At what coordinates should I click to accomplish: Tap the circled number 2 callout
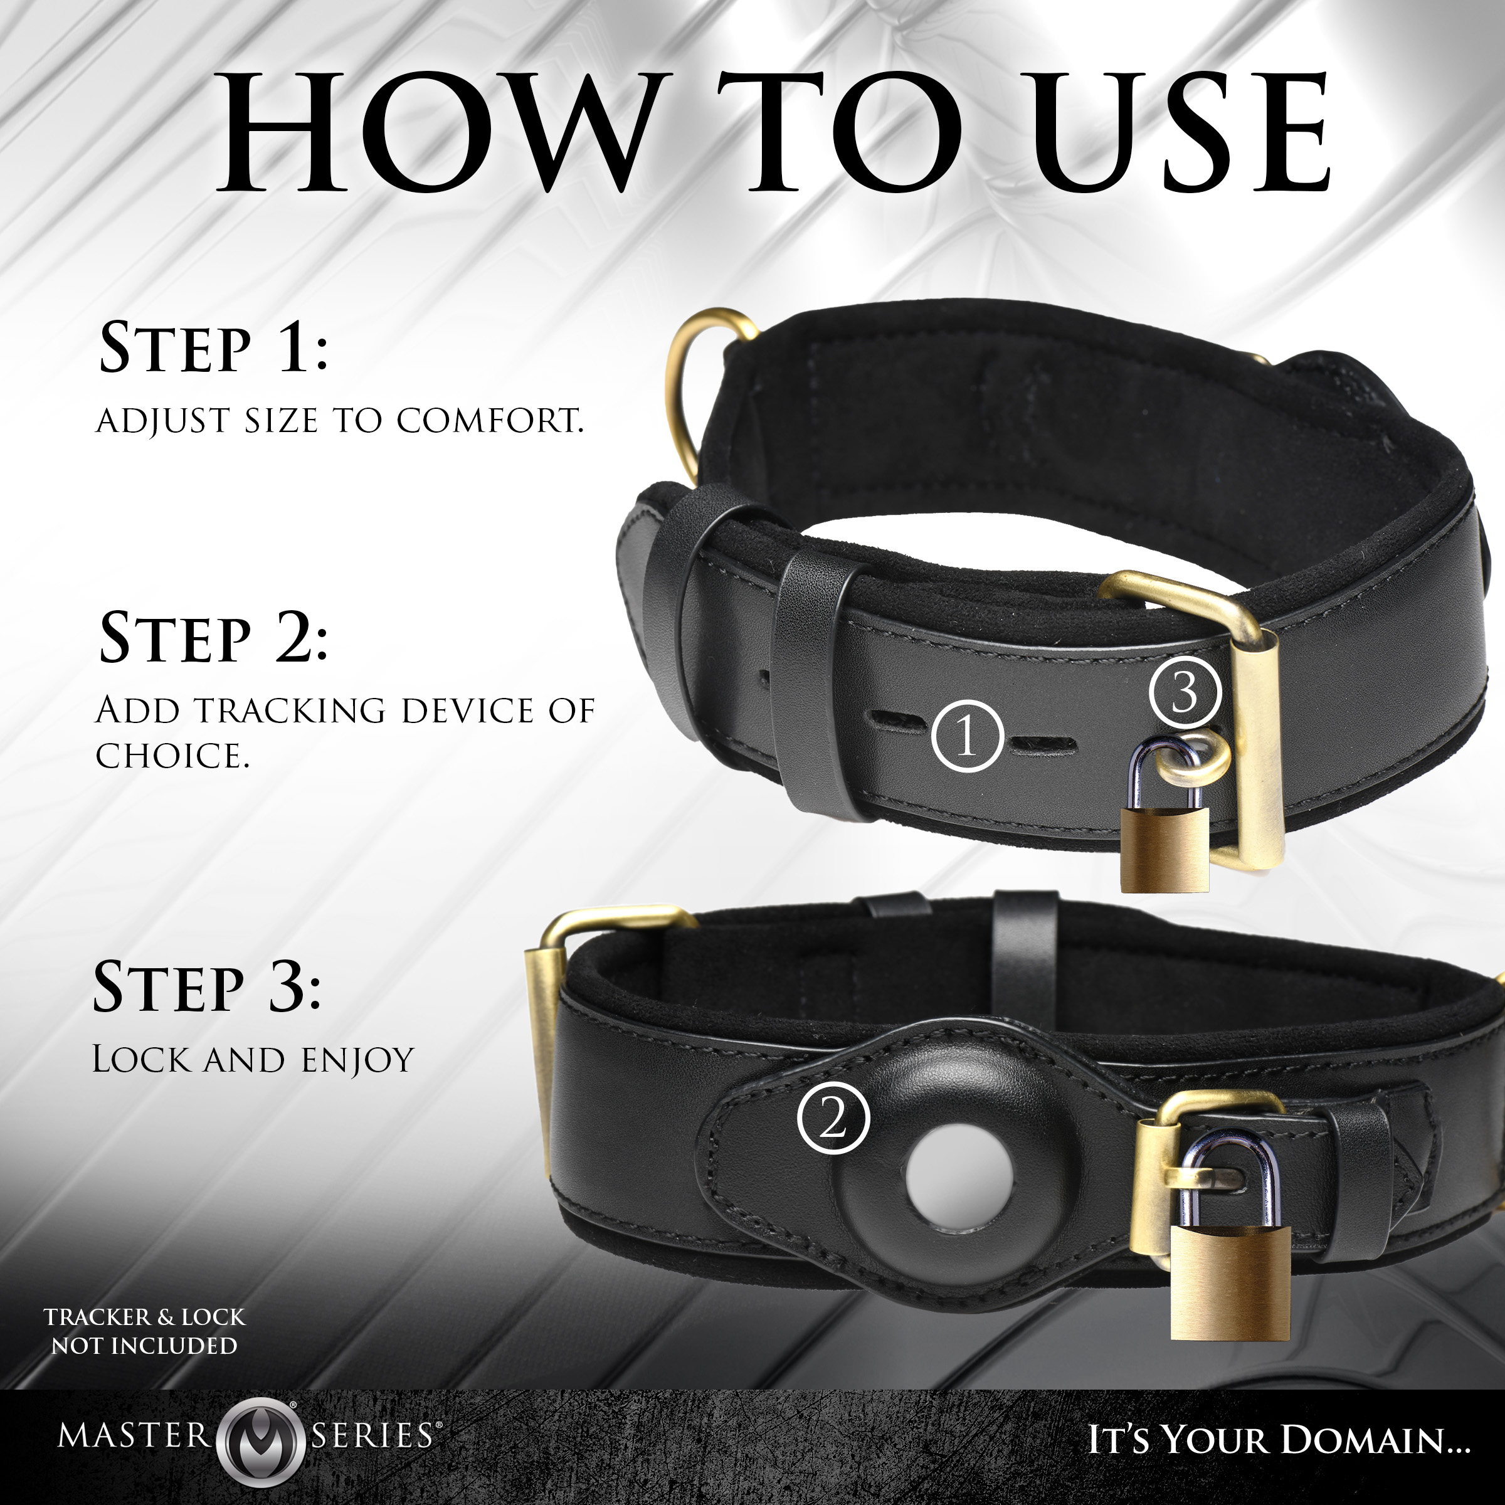click(833, 1119)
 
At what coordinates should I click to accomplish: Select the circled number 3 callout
click(1185, 691)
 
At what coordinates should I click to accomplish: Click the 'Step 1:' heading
click(214, 347)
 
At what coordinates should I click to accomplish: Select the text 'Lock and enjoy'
click(253, 1060)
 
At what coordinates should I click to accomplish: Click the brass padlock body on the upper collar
click(1164, 850)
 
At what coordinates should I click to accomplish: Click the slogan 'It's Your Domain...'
click(1279, 1439)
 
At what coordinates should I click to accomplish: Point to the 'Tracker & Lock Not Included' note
click(144, 1331)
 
